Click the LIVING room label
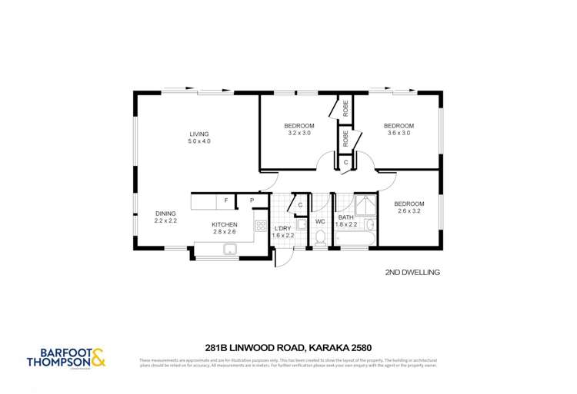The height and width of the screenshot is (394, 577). pos(199,138)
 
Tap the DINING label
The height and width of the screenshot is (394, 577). pos(165,217)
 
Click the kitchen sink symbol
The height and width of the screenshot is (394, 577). pos(229,249)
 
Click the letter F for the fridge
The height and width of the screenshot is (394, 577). pos(225,201)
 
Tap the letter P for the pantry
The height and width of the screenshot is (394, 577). pos(252,201)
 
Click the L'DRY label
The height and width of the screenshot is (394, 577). pos(284,232)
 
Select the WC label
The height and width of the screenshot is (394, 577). pos(321,221)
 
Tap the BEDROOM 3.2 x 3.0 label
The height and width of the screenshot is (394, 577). pos(299,130)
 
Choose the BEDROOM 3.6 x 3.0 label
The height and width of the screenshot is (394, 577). pos(399,130)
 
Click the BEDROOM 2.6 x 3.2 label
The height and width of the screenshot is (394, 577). pos(409,208)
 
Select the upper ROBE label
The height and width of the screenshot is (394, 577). pos(346,108)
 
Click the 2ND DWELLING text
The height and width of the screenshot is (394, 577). pos(412,272)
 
